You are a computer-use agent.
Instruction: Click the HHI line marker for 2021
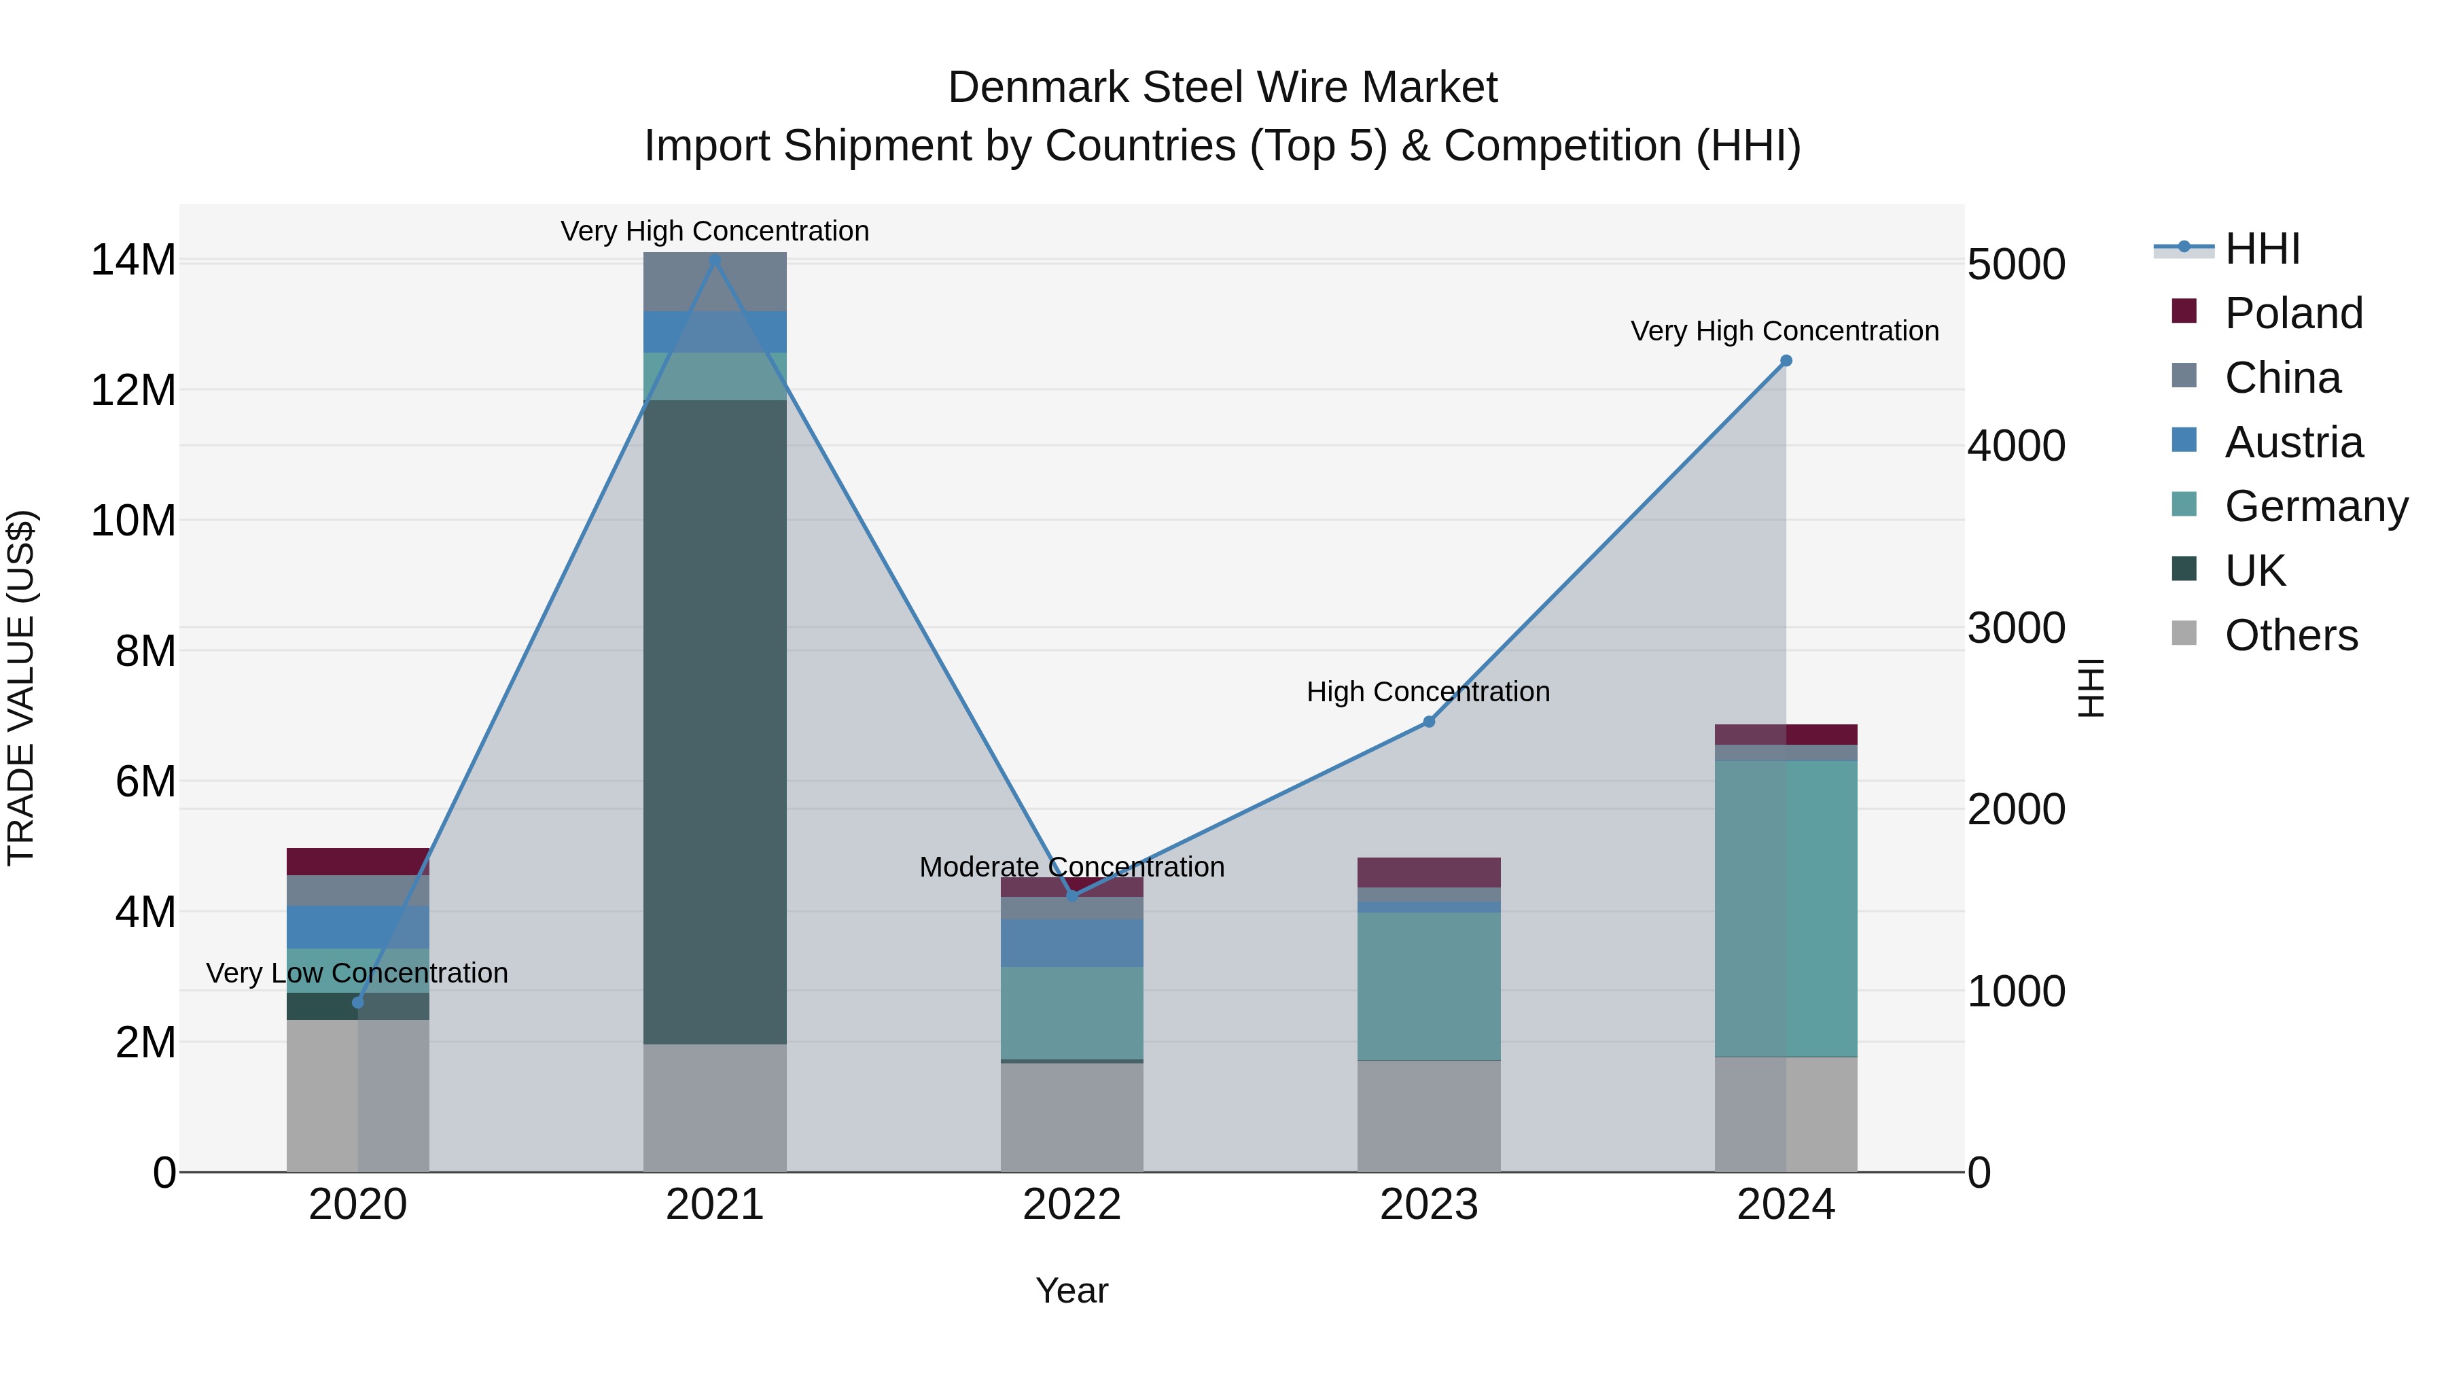pyautogui.click(x=715, y=260)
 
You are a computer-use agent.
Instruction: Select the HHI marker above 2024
pyautogui.click(x=1786, y=361)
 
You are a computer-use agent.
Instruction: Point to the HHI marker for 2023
pyautogui.click(x=1429, y=722)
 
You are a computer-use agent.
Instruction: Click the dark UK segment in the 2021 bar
pyautogui.click(x=715, y=722)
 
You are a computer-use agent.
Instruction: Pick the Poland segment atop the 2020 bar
pyautogui.click(x=358, y=862)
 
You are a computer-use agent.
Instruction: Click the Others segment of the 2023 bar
pyautogui.click(x=1429, y=1116)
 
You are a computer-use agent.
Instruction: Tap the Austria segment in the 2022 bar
pyautogui.click(x=1072, y=943)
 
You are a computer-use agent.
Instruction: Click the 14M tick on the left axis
pyautogui.click(x=133, y=260)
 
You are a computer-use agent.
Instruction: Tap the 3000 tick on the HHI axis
pyautogui.click(x=2016, y=628)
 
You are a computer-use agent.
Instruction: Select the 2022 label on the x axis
pyautogui.click(x=1072, y=1205)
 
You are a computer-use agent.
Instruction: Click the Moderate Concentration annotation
pyautogui.click(x=1072, y=867)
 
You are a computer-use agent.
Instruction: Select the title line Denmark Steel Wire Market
pyautogui.click(x=1222, y=88)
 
